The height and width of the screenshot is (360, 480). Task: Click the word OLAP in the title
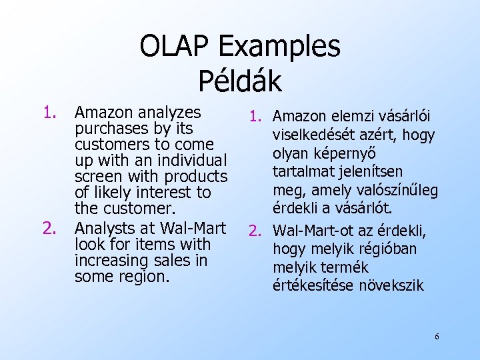pyautogui.click(x=174, y=47)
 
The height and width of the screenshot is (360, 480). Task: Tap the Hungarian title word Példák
pyautogui.click(x=240, y=81)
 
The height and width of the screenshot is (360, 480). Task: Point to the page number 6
pyautogui.click(x=437, y=337)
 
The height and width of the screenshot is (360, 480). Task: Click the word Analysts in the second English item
pyautogui.click(x=107, y=228)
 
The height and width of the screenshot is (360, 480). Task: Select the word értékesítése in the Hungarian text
pyautogui.click(x=312, y=285)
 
